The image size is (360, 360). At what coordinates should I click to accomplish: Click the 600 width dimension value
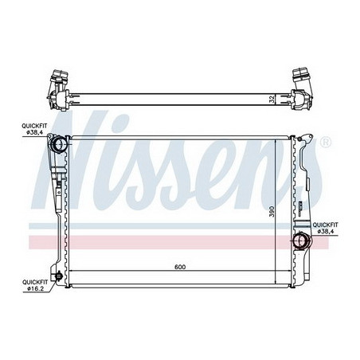pos(180,267)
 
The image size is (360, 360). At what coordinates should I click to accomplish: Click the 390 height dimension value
pos(272,211)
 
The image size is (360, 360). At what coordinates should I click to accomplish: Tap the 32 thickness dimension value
pos(272,100)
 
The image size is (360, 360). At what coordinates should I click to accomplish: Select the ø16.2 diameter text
pos(35,289)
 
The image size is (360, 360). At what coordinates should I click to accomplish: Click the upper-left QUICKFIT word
pos(34,126)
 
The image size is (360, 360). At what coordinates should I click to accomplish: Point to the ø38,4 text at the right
pos(326,231)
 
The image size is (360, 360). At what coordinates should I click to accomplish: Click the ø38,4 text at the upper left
pos(35,132)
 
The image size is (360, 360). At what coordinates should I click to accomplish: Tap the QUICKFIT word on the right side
pos(325,225)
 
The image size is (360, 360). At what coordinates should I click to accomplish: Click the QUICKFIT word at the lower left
pos(35,282)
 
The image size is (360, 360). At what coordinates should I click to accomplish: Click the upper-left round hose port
pos(58,144)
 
